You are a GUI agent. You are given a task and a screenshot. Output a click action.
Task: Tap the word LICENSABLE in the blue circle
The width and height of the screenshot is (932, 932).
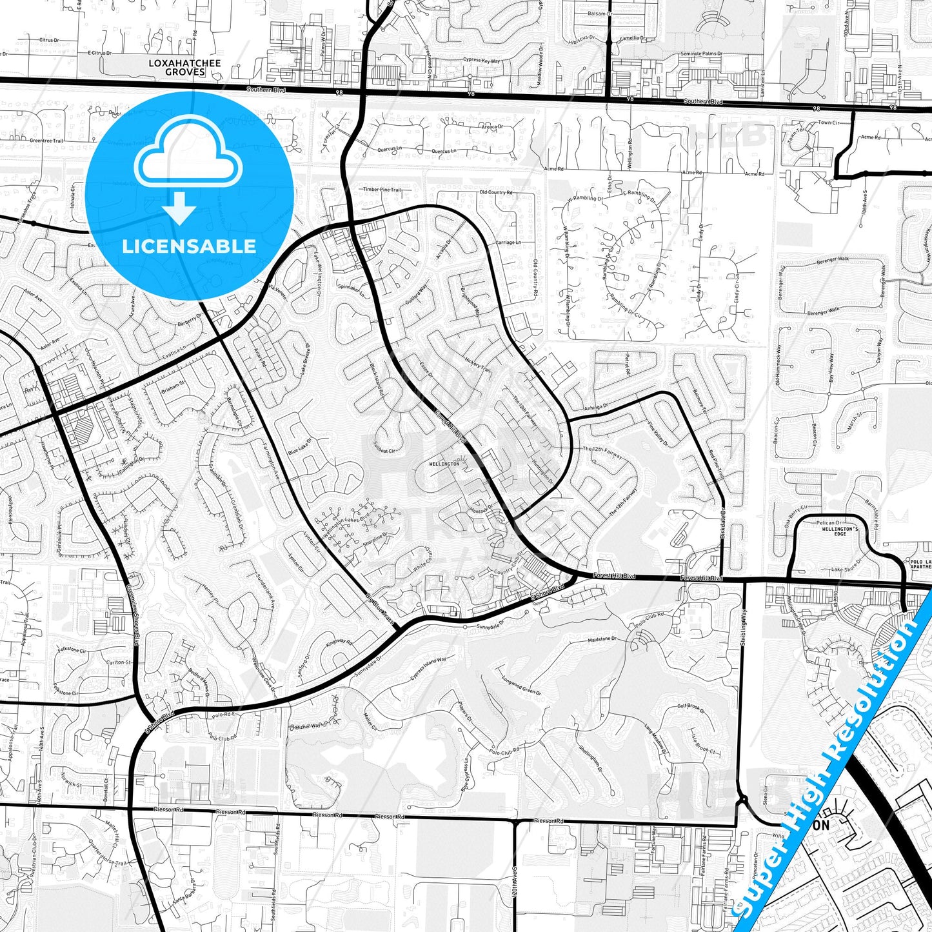pos(189,246)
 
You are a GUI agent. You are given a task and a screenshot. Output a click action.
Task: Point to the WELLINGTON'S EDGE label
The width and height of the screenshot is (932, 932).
pos(838,531)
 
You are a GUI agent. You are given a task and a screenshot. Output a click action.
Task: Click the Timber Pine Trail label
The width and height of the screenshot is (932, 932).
pos(382,190)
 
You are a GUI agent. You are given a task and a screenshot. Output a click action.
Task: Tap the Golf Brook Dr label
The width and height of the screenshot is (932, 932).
pos(691,708)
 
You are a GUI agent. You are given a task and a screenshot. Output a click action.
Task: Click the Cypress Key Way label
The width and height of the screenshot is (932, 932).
pos(481,61)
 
